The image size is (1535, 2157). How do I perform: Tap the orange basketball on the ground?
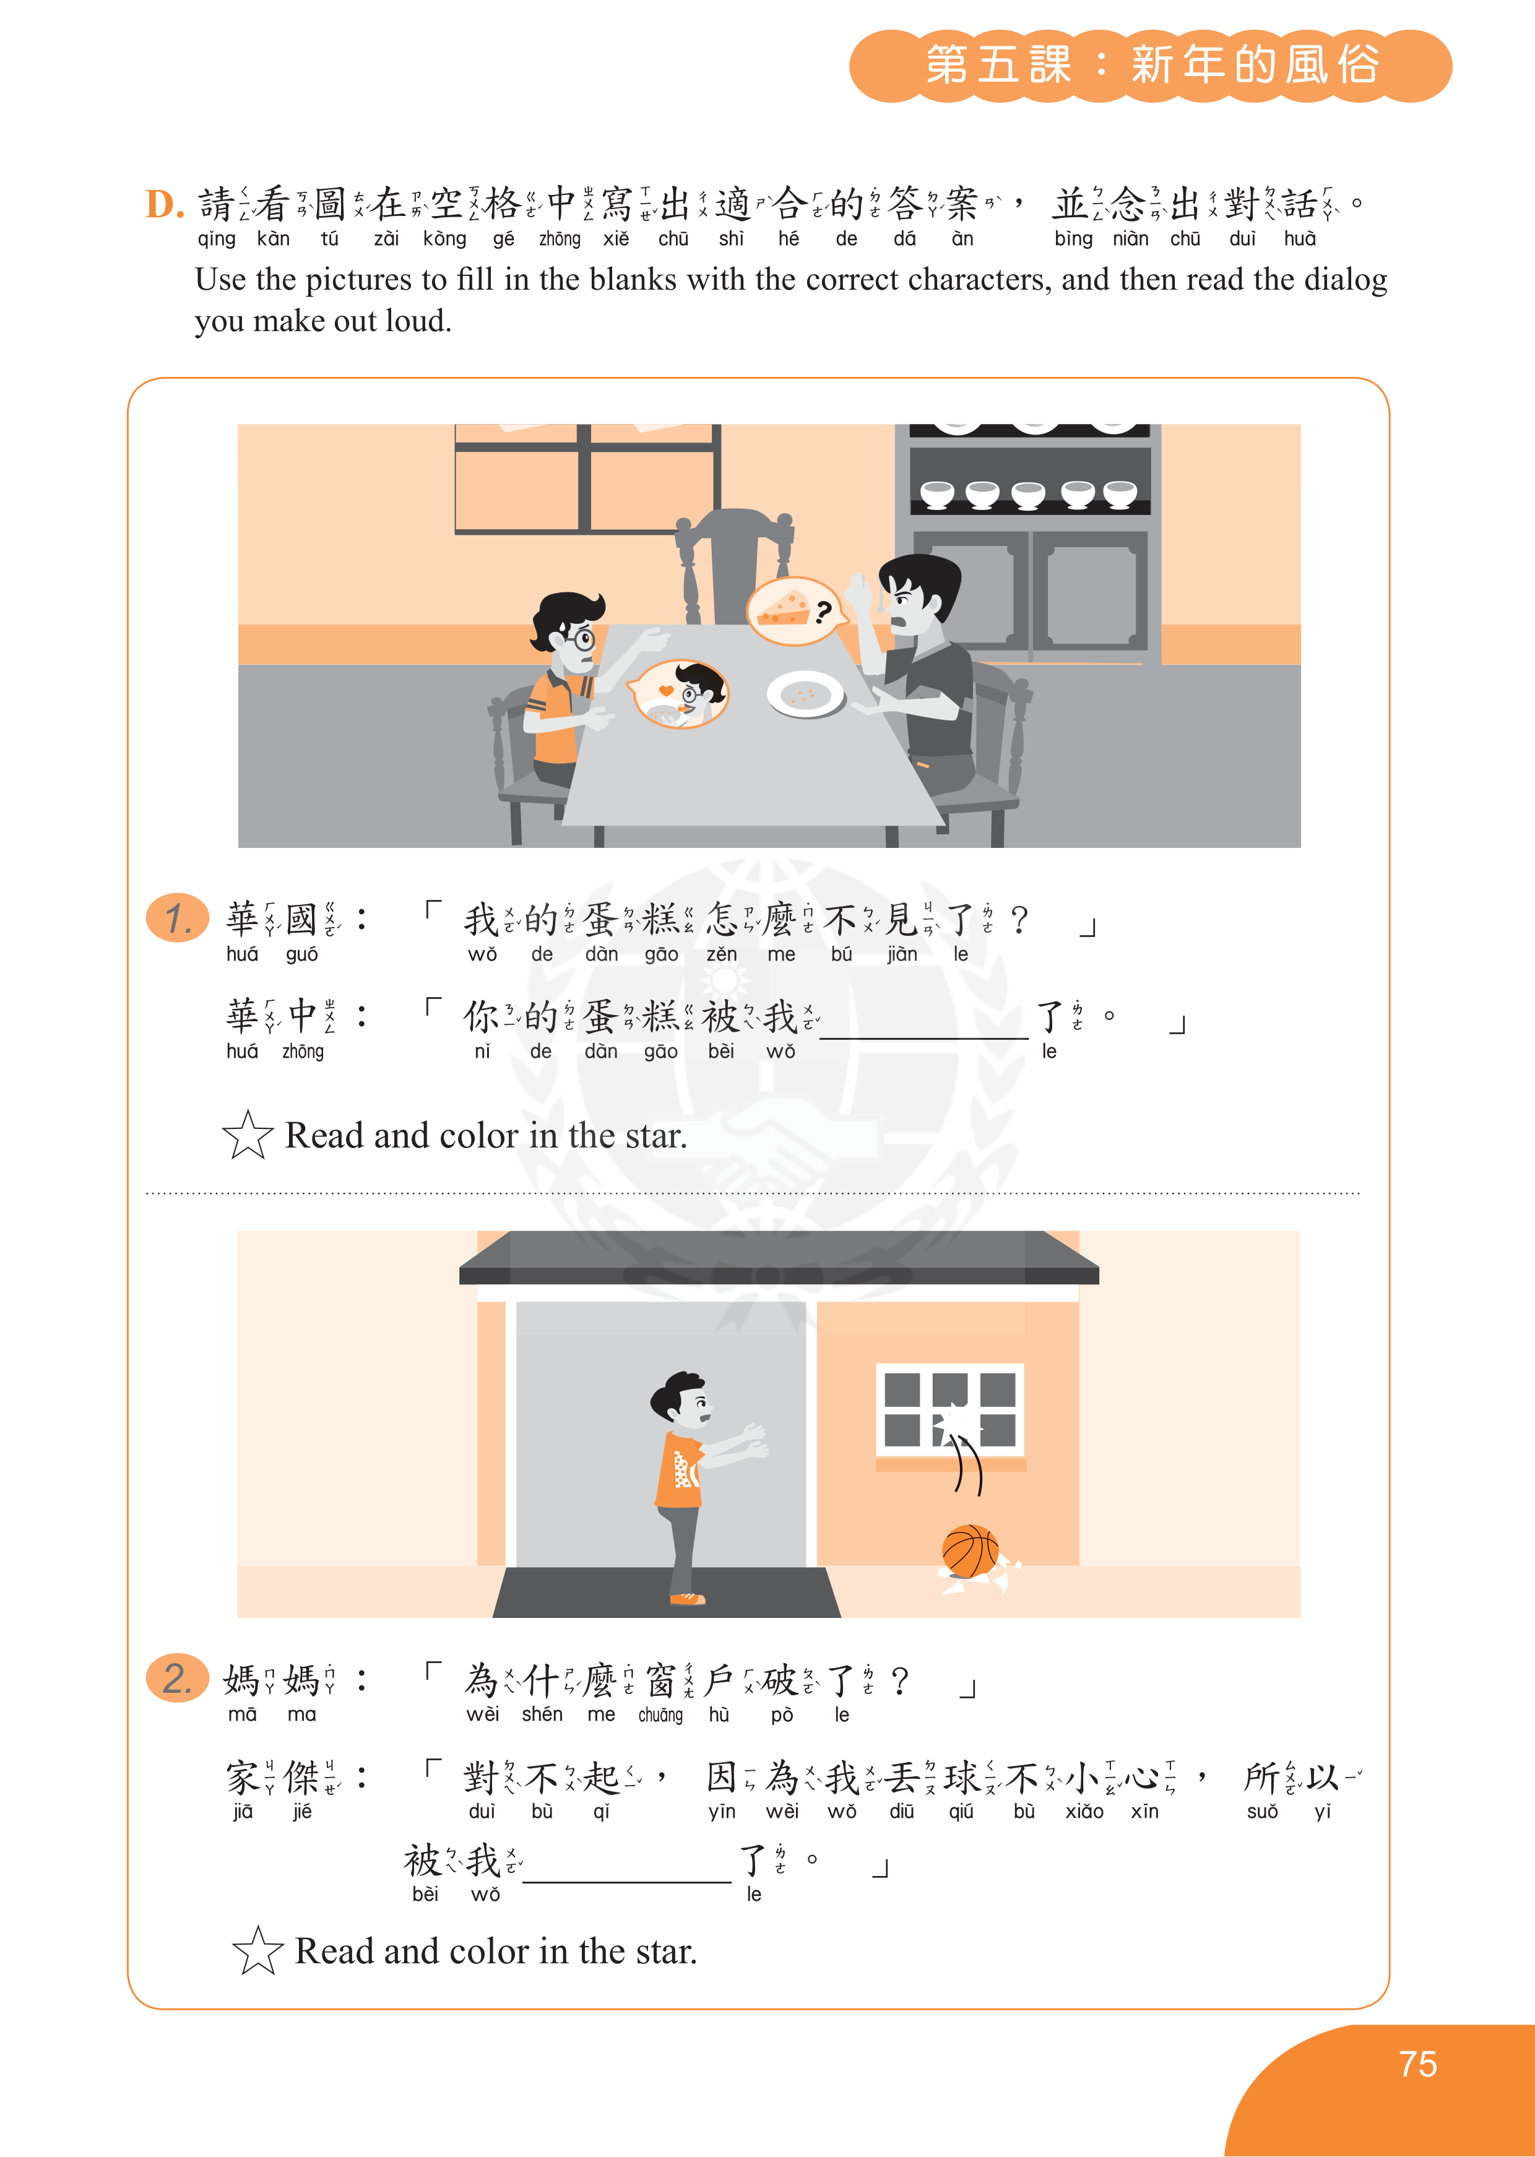(x=970, y=1551)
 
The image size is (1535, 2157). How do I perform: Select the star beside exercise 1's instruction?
(x=248, y=1135)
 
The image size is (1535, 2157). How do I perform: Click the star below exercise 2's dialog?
(x=258, y=1950)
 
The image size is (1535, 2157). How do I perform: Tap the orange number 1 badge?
(x=178, y=918)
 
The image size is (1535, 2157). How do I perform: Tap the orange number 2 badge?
(x=178, y=1678)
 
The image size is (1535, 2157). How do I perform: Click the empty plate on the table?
(x=805, y=694)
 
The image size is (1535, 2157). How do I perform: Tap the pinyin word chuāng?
(x=660, y=1714)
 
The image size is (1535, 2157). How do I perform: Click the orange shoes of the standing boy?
(x=687, y=1599)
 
